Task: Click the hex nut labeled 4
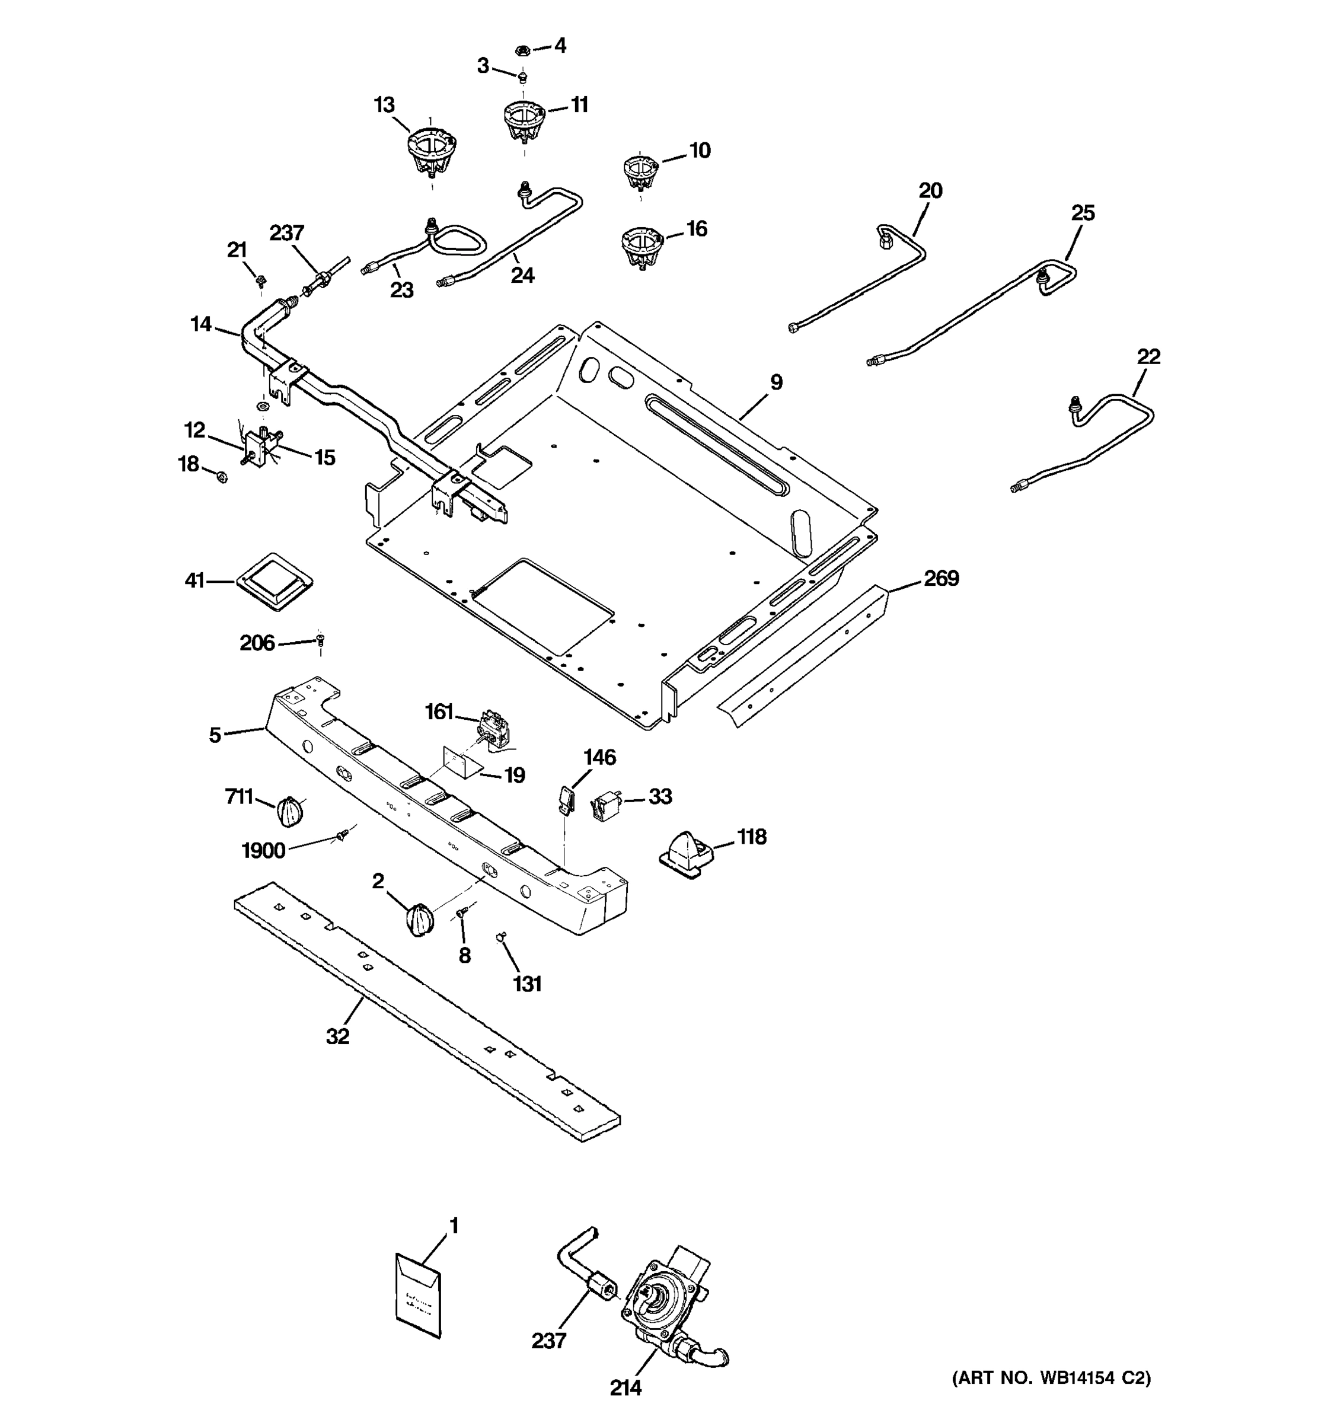[522, 50]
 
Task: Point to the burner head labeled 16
[642, 246]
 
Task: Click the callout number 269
[940, 578]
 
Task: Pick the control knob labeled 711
[289, 811]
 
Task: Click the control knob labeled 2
[419, 919]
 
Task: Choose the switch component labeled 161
[493, 729]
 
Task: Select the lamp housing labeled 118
[687, 853]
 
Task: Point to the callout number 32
[338, 1036]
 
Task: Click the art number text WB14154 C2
[1051, 1378]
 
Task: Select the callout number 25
[1083, 213]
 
